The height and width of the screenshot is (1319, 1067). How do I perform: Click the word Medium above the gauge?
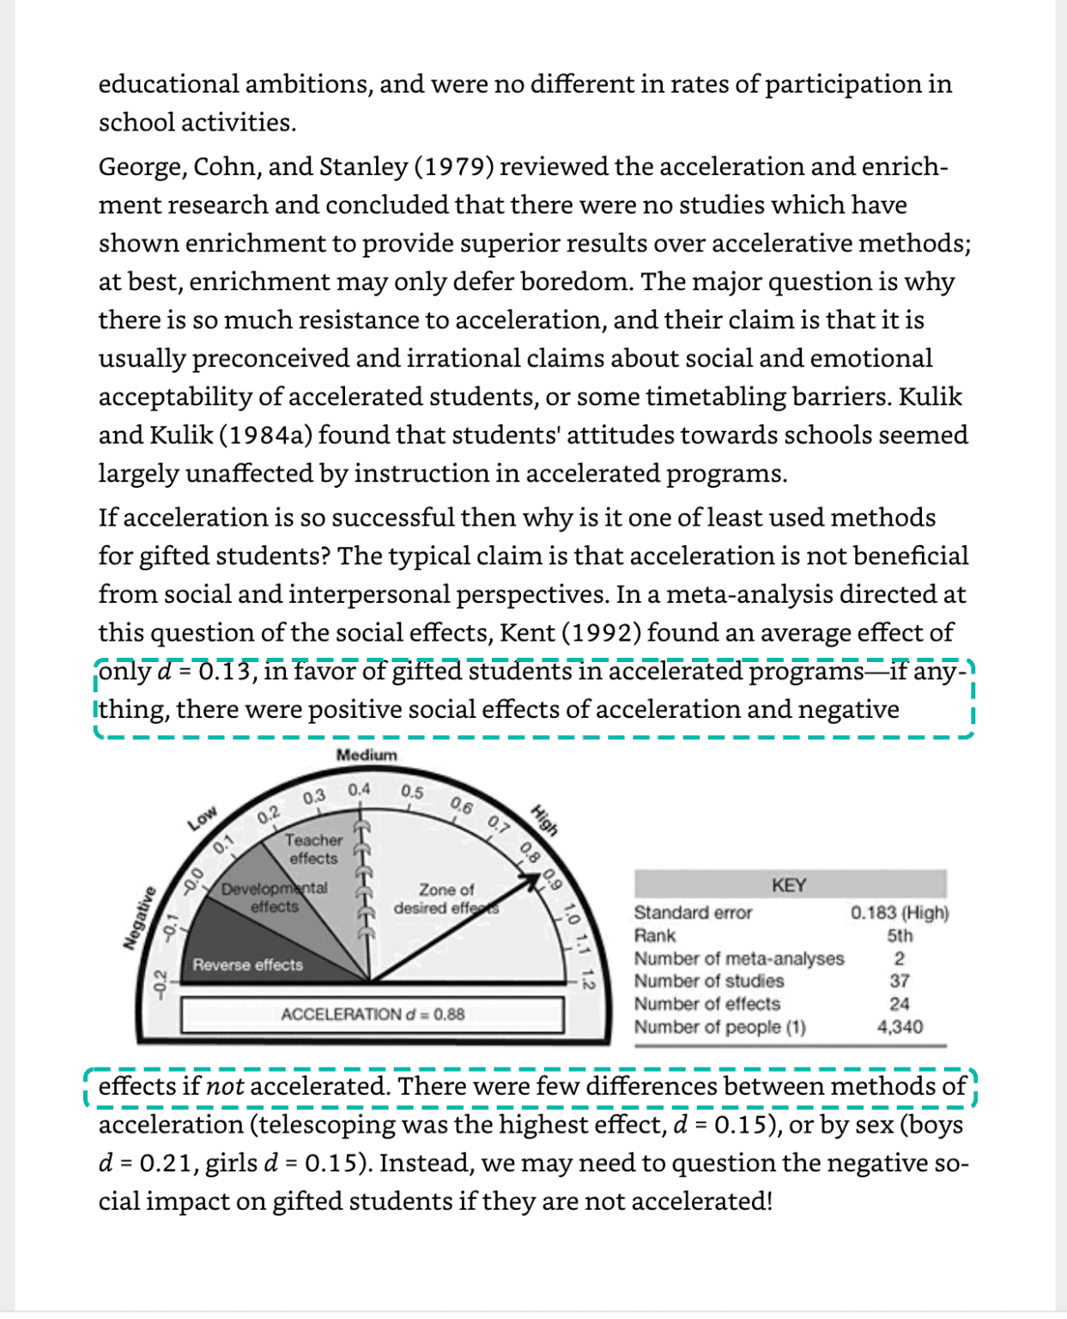[x=367, y=755]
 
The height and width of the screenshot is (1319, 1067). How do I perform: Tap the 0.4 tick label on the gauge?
[x=359, y=789]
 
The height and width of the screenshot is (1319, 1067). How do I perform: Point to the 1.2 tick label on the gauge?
[x=588, y=979]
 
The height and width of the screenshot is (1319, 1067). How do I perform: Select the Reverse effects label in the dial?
[x=247, y=964]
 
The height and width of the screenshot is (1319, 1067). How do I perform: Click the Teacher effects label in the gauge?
[x=313, y=848]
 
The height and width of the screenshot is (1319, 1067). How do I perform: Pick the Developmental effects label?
[x=274, y=897]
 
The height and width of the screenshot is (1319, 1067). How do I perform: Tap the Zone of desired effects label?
[x=446, y=898]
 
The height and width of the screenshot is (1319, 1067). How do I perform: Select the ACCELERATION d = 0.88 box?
[x=373, y=1014]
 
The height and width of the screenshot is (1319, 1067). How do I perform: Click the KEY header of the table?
[x=789, y=884]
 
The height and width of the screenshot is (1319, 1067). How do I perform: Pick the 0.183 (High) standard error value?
[x=900, y=912]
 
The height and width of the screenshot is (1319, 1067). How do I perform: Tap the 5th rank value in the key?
[x=900, y=935]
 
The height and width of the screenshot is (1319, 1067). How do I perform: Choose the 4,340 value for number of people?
[x=900, y=1026]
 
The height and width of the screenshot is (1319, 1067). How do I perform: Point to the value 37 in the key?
[x=900, y=981]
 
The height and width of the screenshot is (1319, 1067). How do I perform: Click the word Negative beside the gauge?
[x=139, y=918]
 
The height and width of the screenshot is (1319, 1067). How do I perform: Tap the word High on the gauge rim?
[x=545, y=819]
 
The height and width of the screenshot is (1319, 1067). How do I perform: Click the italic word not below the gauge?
[x=225, y=1086]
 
